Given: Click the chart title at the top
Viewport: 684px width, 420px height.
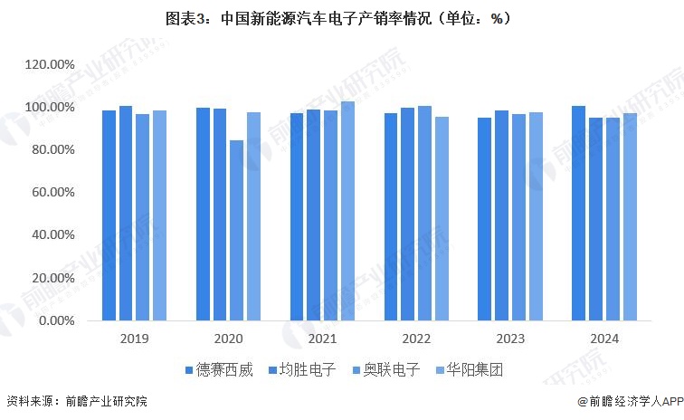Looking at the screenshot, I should click(x=341, y=17).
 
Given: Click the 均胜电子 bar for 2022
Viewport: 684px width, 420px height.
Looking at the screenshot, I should click(x=407, y=214).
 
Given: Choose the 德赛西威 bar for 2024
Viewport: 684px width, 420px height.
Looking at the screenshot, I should click(x=578, y=213).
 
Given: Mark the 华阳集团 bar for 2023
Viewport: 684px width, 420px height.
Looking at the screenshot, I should click(x=536, y=216).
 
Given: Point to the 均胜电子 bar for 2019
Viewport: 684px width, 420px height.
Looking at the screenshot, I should click(x=126, y=213).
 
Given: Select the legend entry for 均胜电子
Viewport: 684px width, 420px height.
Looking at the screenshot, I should click(x=304, y=370).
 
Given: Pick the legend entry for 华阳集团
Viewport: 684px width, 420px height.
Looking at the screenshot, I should click(x=470, y=370).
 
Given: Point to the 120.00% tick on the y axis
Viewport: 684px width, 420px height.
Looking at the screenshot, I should click(x=49, y=65).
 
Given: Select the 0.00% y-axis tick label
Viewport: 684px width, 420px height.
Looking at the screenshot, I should click(x=56, y=320).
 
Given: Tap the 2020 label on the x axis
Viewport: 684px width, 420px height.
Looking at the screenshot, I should click(x=228, y=339).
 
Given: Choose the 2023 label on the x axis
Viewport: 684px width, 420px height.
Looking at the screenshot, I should click(x=509, y=339).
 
